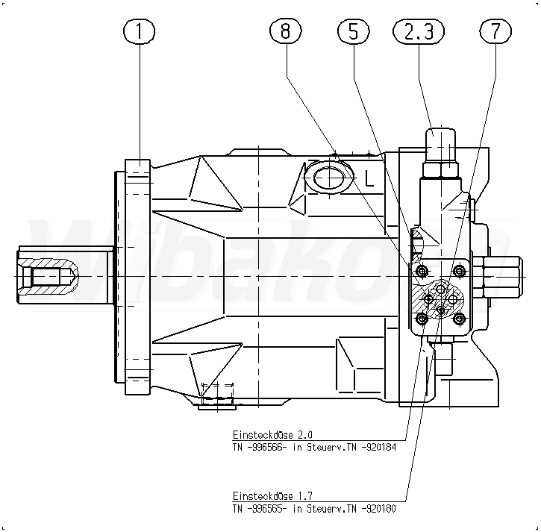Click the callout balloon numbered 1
click(x=140, y=32)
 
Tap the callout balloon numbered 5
click(x=353, y=32)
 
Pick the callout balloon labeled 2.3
click(x=418, y=32)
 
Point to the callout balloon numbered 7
click(x=495, y=32)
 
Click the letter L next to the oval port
click(x=369, y=178)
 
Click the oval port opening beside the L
click(x=328, y=178)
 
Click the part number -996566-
click(x=268, y=447)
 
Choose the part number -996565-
click(x=268, y=509)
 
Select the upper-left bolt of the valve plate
click(x=422, y=269)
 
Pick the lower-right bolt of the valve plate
click(x=458, y=319)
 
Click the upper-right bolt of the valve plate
click(x=458, y=269)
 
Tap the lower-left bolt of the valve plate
click(x=422, y=319)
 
